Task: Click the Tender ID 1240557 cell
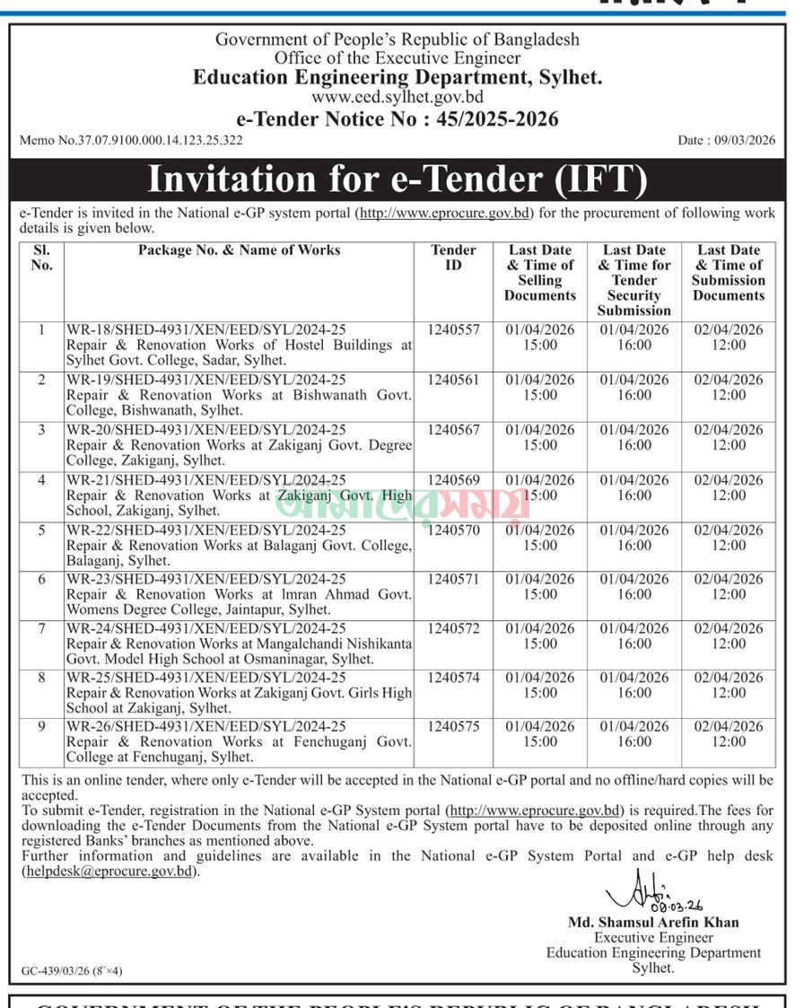tap(453, 330)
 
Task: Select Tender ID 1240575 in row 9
tap(453, 727)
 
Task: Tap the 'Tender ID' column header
tap(453, 258)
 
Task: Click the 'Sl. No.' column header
tap(41, 258)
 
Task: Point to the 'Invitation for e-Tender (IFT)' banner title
tap(397, 179)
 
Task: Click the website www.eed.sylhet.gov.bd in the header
tap(397, 98)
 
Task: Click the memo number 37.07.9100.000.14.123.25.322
tap(131, 140)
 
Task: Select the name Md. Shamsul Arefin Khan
tap(653, 922)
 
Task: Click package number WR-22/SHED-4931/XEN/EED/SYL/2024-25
tap(206, 530)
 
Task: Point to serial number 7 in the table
tap(41, 628)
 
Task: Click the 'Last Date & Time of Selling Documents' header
tap(540, 273)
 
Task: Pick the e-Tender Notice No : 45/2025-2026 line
tap(397, 119)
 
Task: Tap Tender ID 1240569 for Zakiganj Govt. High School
tap(453, 480)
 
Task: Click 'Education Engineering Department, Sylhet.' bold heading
tap(397, 77)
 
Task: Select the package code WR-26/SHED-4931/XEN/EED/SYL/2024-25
tap(206, 727)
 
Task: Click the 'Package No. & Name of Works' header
tap(239, 250)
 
